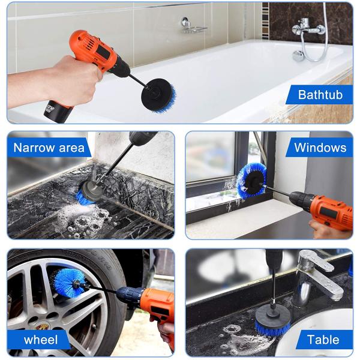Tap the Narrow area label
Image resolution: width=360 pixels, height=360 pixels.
point(49,148)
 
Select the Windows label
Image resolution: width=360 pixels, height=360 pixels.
point(320,148)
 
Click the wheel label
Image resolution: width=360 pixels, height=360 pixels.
point(41,340)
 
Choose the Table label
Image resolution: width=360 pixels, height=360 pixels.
point(323,340)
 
